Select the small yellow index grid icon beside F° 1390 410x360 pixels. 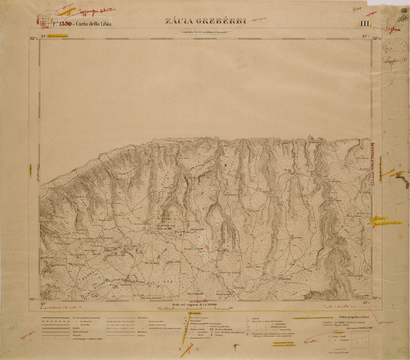click(45, 21)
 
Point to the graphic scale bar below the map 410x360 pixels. click(205, 309)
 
